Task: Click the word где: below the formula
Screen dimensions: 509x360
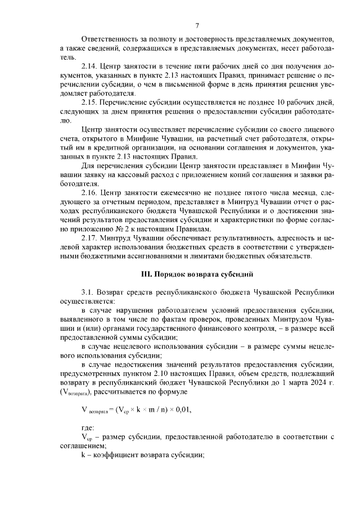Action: (88, 427)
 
